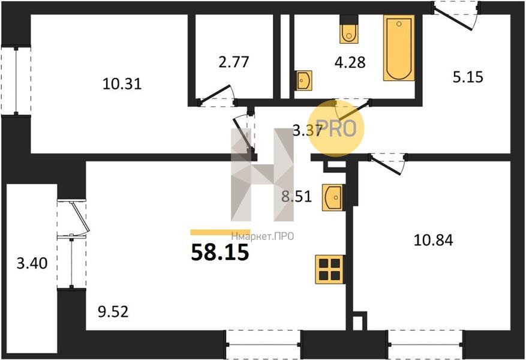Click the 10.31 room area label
[x=122, y=83]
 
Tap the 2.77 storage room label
[x=233, y=62]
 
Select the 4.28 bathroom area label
[x=350, y=62]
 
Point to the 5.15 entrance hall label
[x=468, y=77]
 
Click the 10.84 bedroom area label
[x=434, y=240]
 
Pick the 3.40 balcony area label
[x=32, y=263]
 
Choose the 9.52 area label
[x=113, y=312]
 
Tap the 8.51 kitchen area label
[x=296, y=196]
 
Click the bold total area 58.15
[x=220, y=253]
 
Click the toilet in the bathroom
[x=349, y=29]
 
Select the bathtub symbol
[x=399, y=48]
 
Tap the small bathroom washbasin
[x=303, y=80]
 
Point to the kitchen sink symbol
[x=332, y=197]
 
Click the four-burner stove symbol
[x=330, y=269]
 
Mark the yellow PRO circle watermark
[x=336, y=128]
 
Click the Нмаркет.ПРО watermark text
[x=263, y=236]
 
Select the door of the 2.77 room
[x=217, y=95]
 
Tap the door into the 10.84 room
[x=388, y=164]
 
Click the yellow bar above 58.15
[x=220, y=232]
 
